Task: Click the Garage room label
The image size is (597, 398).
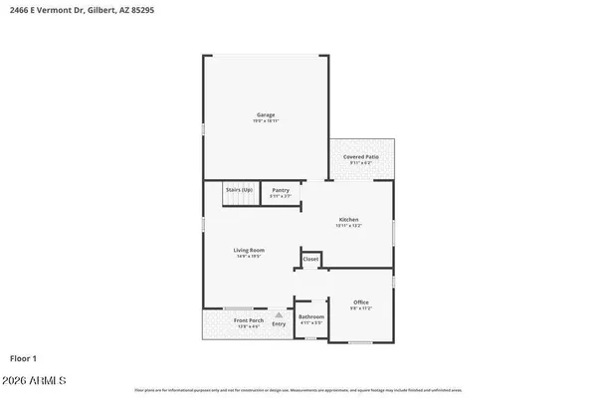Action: (x=266, y=114)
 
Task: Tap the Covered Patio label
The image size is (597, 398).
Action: (x=361, y=156)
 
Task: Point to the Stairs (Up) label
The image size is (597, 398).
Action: (x=239, y=189)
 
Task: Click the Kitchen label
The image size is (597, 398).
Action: (x=348, y=219)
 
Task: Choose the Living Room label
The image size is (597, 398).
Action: (x=248, y=250)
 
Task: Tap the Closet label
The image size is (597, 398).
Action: (x=310, y=259)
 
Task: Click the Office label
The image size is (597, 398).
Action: (x=361, y=301)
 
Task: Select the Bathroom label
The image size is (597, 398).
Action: (x=311, y=316)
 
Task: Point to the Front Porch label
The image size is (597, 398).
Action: (x=248, y=319)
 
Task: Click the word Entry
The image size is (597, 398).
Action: (x=279, y=323)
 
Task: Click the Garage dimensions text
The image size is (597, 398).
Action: (x=266, y=121)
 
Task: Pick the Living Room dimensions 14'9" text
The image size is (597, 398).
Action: (x=248, y=257)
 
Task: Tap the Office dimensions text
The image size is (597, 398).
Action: (x=361, y=308)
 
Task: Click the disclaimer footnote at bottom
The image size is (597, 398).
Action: (x=298, y=390)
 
